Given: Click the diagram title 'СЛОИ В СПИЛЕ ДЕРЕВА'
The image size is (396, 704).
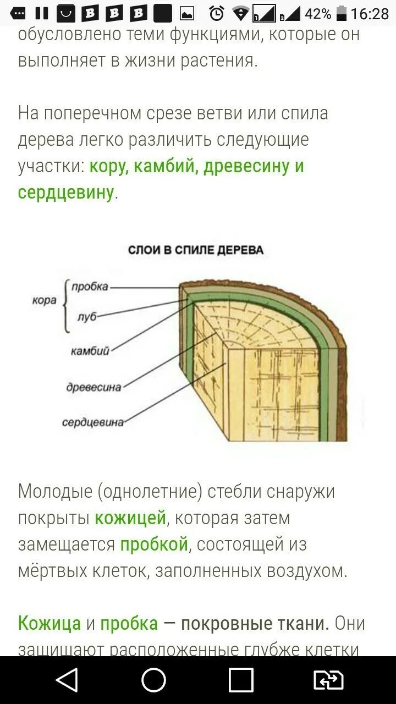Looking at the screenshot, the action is tap(195, 250).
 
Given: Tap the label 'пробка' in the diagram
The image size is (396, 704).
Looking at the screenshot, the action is tap(90, 287).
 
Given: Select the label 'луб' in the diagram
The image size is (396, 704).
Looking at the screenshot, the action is tap(86, 317).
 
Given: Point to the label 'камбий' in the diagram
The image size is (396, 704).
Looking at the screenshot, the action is tap(90, 350).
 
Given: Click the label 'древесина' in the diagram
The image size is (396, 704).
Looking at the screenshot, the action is tap(94, 387).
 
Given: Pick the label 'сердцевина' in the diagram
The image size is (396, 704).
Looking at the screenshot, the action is tap(92, 422).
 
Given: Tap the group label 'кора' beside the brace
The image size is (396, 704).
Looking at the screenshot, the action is tap(45, 301).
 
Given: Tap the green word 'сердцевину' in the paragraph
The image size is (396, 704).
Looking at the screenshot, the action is tap(66, 193).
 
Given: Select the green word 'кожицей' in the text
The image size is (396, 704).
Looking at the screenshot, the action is tap(130, 518).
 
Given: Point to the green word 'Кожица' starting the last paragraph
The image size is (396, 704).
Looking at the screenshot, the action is tap(50, 624).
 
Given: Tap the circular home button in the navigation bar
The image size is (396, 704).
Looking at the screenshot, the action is tap(153, 680).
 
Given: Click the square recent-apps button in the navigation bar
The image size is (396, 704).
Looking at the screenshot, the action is tap(241, 680).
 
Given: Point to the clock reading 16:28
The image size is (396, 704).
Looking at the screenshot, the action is tap(370, 13).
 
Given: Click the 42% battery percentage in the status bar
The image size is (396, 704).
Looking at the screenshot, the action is tap(318, 13).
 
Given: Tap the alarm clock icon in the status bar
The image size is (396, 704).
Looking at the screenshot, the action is tap(217, 13).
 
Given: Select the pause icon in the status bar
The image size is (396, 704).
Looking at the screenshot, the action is tap(42, 13).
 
